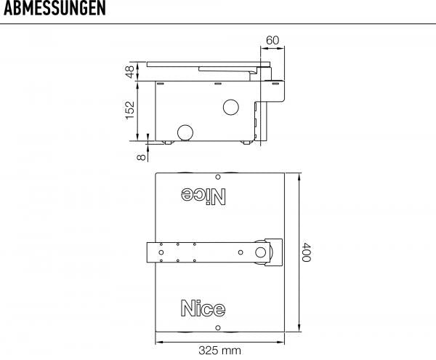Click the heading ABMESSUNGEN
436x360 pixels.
click(x=54, y=8)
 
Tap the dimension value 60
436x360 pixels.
click(x=272, y=40)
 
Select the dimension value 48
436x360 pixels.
click(x=130, y=72)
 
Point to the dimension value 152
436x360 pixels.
click(x=130, y=110)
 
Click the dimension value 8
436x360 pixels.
click(x=141, y=157)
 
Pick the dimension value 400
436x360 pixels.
click(x=306, y=252)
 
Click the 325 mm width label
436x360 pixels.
click(x=219, y=351)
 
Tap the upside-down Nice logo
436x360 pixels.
click(x=203, y=196)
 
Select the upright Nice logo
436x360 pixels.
click(x=203, y=308)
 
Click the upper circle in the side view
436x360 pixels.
click(x=231, y=107)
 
